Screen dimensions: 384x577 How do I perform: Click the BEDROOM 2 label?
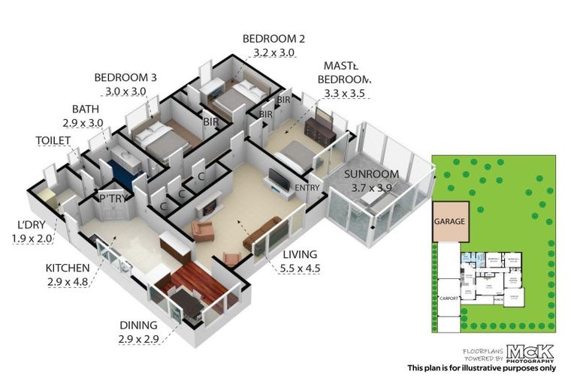[273, 39]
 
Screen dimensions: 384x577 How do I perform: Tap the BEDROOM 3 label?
[125, 77]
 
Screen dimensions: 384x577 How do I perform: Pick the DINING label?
[139, 325]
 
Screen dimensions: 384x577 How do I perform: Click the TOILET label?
[53, 140]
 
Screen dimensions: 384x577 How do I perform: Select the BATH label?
[85, 109]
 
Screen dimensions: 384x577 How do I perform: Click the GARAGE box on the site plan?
[450, 223]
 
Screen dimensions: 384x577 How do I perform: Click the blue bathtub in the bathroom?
[122, 174]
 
